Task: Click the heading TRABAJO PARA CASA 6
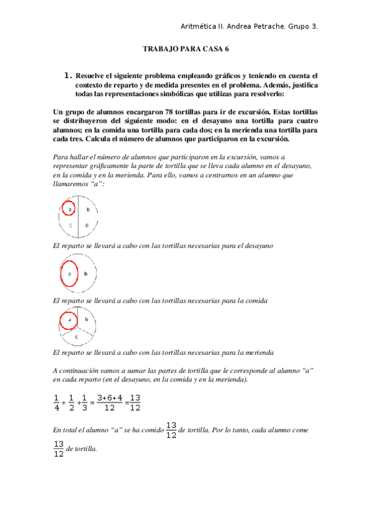click(185, 48)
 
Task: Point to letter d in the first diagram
click(87, 225)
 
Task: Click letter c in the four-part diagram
click(71, 225)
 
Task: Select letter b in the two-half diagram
click(86, 274)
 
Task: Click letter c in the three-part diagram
click(76, 336)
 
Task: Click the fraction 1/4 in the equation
click(56, 403)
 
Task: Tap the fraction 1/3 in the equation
click(85, 403)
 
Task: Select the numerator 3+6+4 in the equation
click(110, 398)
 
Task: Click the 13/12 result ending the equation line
click(135, 403)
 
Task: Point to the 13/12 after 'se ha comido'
click(171, 430)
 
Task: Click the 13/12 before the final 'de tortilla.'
click(59, 448)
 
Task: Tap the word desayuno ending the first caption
click(256, 246)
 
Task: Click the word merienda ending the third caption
click(256, 352)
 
